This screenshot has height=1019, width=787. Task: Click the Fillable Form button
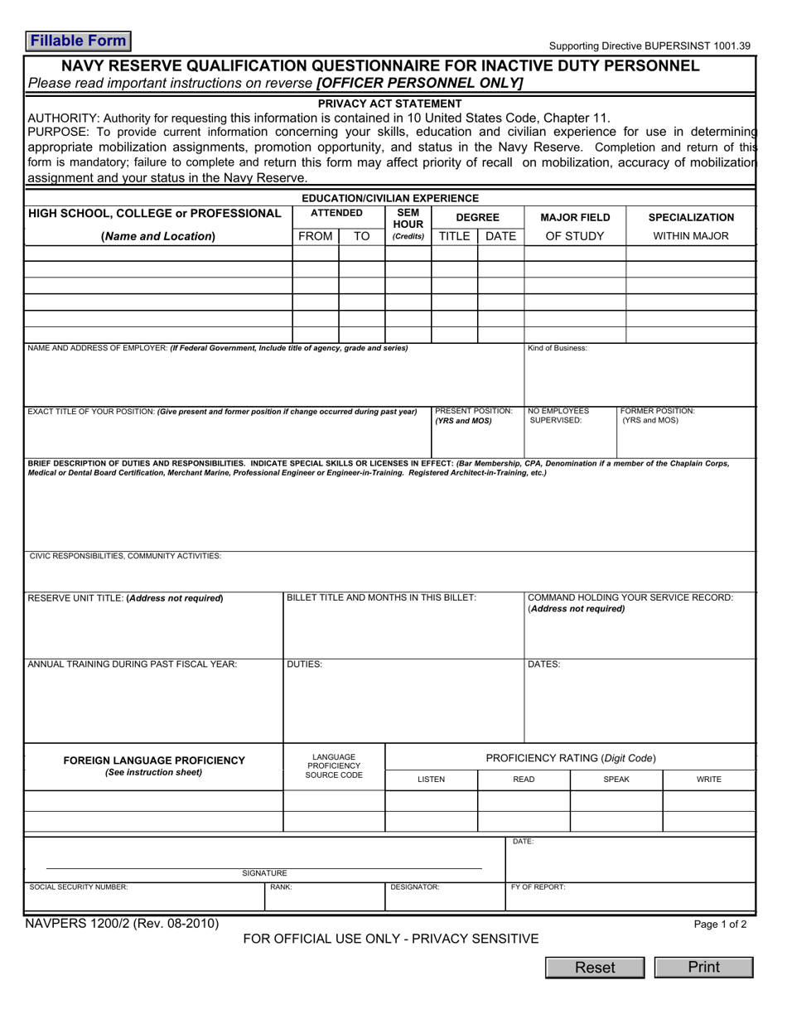78,41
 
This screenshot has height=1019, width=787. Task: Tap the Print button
703,967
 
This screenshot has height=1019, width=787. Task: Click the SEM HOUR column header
408,219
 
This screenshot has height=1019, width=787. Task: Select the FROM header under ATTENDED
316,236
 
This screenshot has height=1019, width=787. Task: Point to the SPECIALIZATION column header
691,217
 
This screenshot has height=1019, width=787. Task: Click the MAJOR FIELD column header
575,217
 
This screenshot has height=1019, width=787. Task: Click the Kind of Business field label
558,348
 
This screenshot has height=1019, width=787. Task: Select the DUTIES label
304,664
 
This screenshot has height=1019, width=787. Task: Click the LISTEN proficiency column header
431,780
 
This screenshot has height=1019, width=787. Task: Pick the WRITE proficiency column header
708,780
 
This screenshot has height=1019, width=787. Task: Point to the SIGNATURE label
264,873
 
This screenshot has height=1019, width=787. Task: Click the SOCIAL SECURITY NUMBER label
79,887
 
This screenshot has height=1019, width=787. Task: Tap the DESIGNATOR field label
414,887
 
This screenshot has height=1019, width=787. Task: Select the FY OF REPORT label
538,887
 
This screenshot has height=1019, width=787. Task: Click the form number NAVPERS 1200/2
121,924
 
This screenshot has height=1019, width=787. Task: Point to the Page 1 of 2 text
720,925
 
